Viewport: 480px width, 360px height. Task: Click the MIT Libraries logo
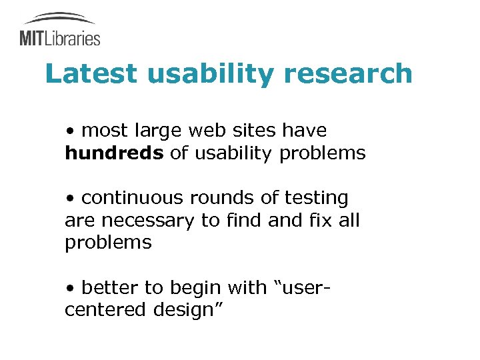point(60,30)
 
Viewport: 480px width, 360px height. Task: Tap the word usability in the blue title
point(211,74)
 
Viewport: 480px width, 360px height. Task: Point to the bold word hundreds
point(114,153)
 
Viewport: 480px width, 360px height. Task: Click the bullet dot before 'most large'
point(70,131)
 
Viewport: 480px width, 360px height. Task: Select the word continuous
point(133,198)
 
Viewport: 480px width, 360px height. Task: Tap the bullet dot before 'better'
point(70,289)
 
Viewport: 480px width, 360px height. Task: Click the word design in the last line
point(189,310)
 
